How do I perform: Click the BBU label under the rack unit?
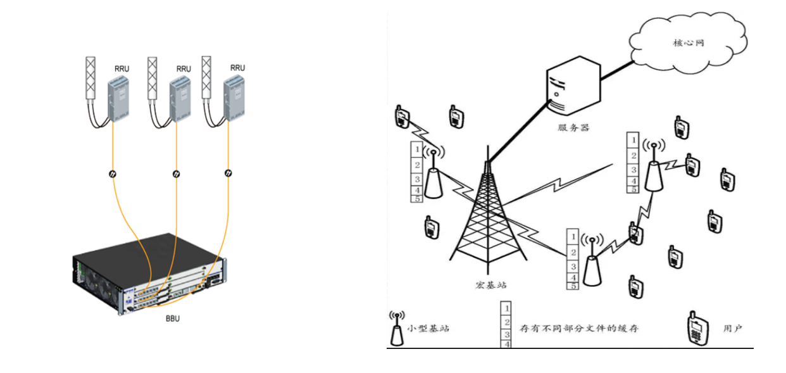tap(172, 319)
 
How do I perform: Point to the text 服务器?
tap(573, 127)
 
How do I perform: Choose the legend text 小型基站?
tap(428, 329)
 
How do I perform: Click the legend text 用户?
tap(732, 329)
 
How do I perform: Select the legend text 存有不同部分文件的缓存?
tap(579, 329)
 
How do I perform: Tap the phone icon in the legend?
tap(696, 329)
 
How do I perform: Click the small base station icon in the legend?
tap(397, 328)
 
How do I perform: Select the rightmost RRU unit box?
tap(235, 99)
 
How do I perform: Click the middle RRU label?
tap(184, 68)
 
